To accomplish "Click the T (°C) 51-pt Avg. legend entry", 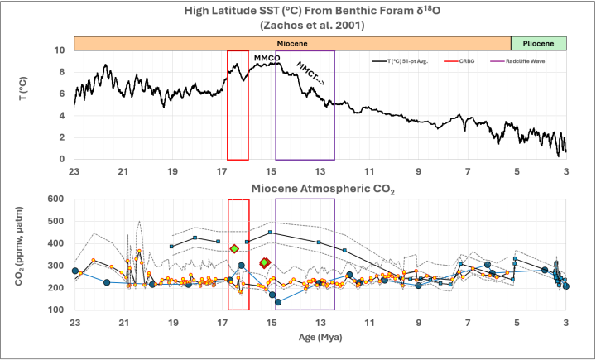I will pos(406,61).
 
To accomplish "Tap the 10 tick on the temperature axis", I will pos(60,50).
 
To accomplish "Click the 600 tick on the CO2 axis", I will pos(56,199).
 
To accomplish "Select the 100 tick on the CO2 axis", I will pos(56,310).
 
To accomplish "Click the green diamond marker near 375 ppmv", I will pos(235,248).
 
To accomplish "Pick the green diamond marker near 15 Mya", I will pos(265,262).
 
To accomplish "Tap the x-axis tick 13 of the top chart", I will pos(320,171).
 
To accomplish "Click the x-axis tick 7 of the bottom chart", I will pos(468,323).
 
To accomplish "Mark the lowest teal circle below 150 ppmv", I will pos(278,301).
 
